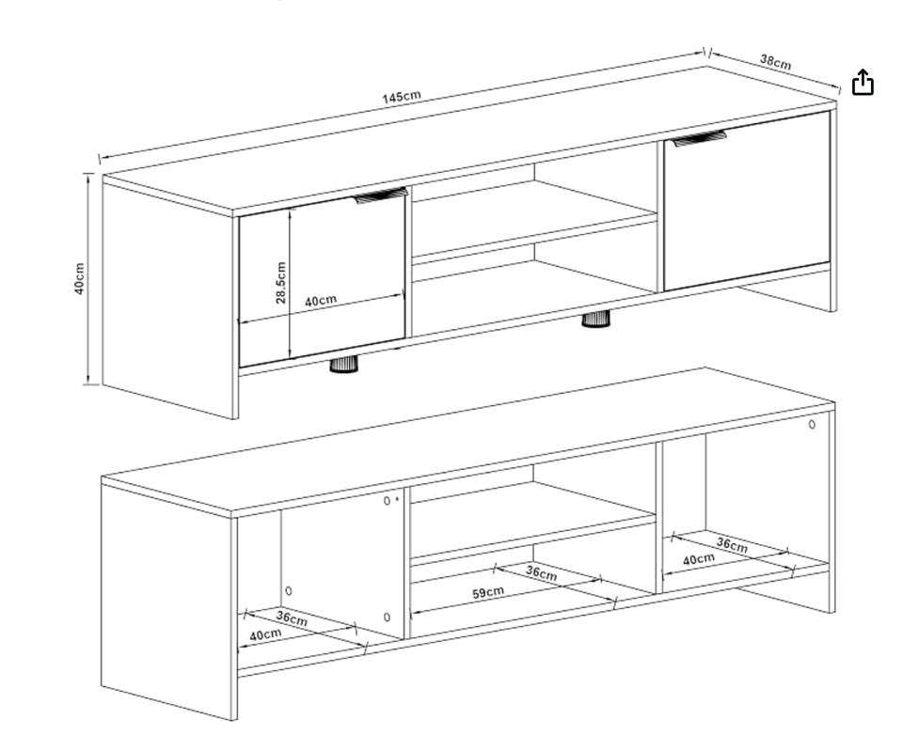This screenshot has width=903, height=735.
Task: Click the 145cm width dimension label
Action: click(x=402, y=96)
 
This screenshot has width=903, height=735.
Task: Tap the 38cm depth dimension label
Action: click(x=775, y=61)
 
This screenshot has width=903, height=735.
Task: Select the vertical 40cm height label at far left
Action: click(x=79, y=278)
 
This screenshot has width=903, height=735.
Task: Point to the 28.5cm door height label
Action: click(x=280, y=282)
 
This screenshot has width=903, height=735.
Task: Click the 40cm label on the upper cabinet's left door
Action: click(x=320, y=301)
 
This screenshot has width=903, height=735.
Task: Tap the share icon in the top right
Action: click(x=863, y=82)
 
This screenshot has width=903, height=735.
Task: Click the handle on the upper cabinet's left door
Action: click(x=381, y=195)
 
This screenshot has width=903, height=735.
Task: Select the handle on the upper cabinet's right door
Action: click(x=699, y=138)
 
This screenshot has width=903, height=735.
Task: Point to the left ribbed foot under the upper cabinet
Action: click(x=344, y=365)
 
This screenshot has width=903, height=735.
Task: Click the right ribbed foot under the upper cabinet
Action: click(x=595, y=319)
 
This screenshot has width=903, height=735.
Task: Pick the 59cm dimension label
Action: click(x=487, y=592)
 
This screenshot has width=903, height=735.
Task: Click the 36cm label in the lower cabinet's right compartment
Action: click(x=732, y=544)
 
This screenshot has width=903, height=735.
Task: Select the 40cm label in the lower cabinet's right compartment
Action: click(x=699, y=559)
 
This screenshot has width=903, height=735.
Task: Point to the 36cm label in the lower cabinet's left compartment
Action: click(x=292, y=618)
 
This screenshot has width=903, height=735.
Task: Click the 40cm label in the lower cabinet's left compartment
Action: click(x=265, y=634)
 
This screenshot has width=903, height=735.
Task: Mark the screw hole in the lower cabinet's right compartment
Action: click(x=812, y=425)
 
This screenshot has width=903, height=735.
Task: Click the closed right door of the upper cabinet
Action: click(x=747, y=201)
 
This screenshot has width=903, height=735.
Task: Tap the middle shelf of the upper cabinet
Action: click(x=534, y=219)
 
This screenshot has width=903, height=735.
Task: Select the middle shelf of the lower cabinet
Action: click(x=532, y=521)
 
